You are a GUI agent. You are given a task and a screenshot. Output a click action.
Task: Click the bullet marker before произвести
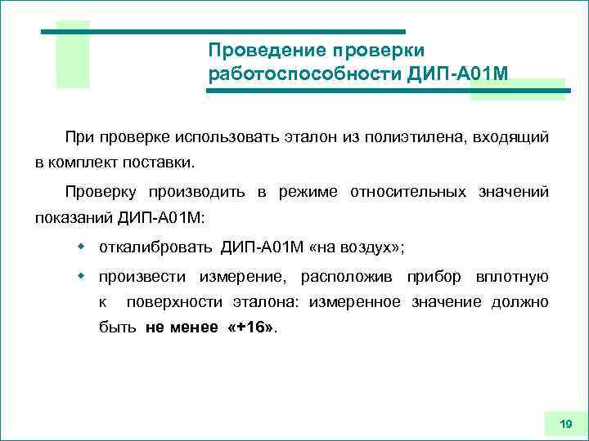pyautogui.click(x=81, y=276)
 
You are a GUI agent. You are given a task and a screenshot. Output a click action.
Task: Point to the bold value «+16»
pyautogui.click(x=250, y=328)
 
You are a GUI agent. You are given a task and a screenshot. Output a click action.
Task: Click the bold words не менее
pyautogui.click(x=182, y=328)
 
